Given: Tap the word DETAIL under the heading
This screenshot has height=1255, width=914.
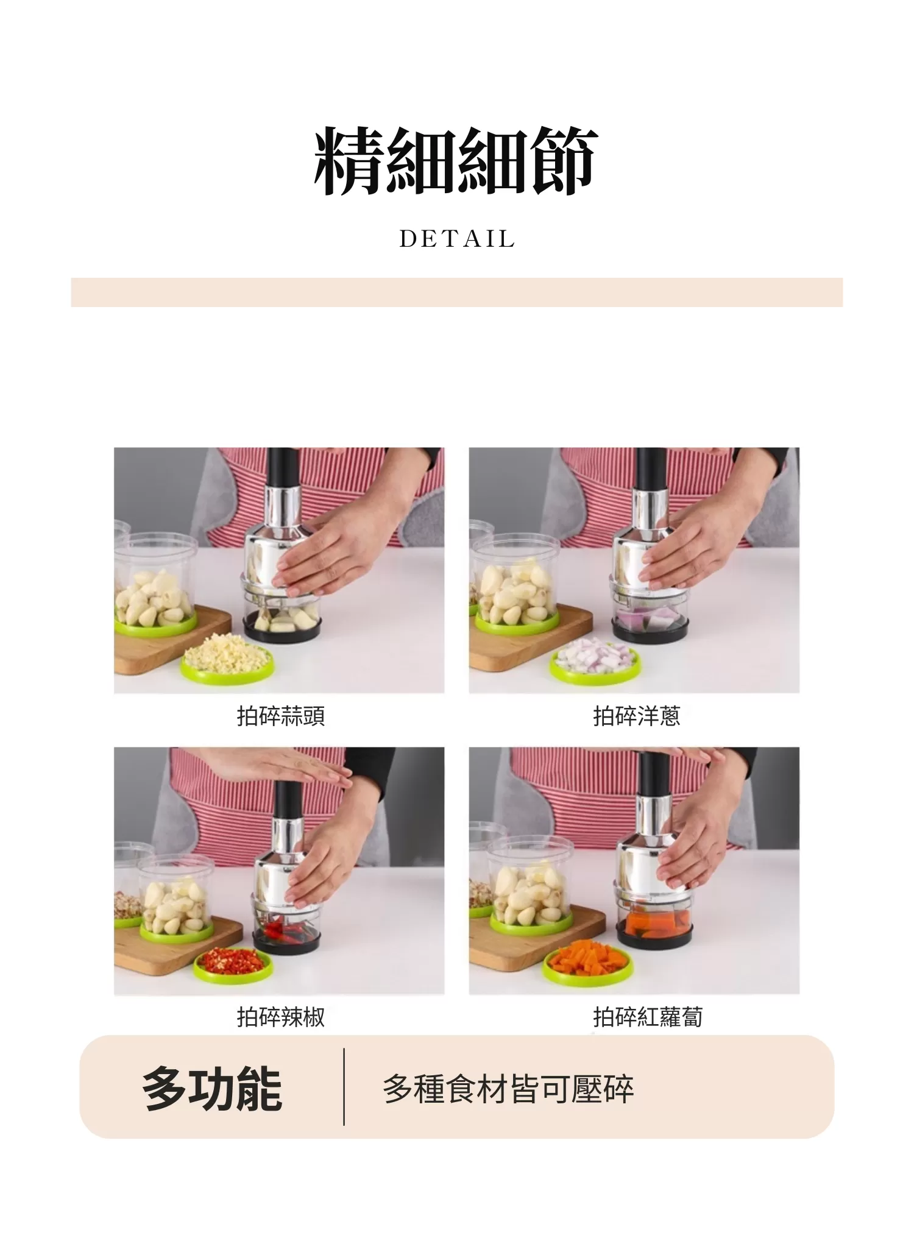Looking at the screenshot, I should coord(457,239).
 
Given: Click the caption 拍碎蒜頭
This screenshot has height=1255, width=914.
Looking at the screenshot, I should coord(281,716).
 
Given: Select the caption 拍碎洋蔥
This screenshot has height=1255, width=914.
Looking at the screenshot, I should coord(636,716).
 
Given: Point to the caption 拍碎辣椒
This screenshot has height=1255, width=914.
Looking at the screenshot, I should coord(281,1017).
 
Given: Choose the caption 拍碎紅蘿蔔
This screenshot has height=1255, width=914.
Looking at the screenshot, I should coord(648,1017).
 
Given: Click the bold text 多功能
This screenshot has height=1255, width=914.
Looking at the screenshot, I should coord(211,1089).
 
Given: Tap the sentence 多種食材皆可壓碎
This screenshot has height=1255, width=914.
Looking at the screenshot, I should coord(508,1089).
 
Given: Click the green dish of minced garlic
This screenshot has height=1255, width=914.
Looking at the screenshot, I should coord(227,662).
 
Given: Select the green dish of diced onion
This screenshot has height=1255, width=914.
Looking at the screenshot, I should coord(595,661).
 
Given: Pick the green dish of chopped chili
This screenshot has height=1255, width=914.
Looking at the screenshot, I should coord(233,963).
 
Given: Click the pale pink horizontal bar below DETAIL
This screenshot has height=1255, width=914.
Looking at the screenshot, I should coord(456,292).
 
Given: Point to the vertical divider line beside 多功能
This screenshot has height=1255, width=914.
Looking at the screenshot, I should coord(344,1087).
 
